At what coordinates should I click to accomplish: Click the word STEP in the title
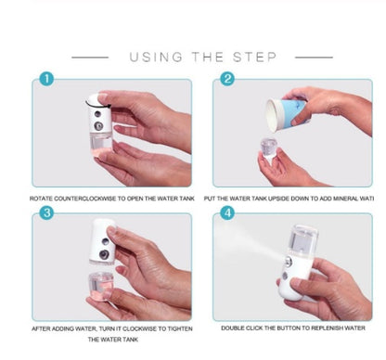[x=254, y=58]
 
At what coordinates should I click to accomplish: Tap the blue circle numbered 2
[x=226, y=80]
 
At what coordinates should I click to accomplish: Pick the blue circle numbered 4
[x=226, y=213]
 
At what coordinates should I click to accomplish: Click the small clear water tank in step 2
[x=269, y=148]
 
